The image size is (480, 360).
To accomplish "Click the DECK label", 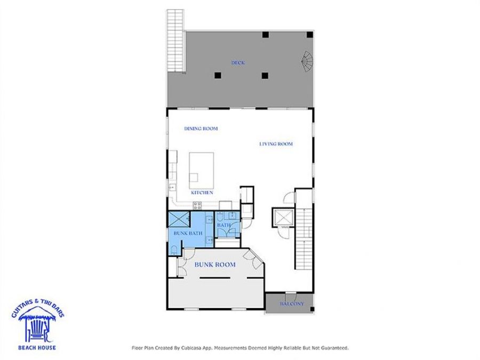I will pos(238,63).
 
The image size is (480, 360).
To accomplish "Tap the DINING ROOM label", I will pos(201,129).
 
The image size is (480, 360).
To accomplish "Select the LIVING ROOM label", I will pos(276,144).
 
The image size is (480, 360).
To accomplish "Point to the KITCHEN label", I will pos(202,193).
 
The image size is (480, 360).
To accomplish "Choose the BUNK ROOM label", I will pos(215,265).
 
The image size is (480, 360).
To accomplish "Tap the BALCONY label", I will pos(292,304).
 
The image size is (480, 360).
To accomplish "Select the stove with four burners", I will pos(197,206).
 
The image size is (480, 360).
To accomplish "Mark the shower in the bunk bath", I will pos(180,218).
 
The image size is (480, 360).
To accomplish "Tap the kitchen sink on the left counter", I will pos(172,187).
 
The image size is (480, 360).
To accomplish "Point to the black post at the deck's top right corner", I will pos(310,34).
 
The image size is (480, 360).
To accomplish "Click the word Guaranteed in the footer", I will pos(332,348).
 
